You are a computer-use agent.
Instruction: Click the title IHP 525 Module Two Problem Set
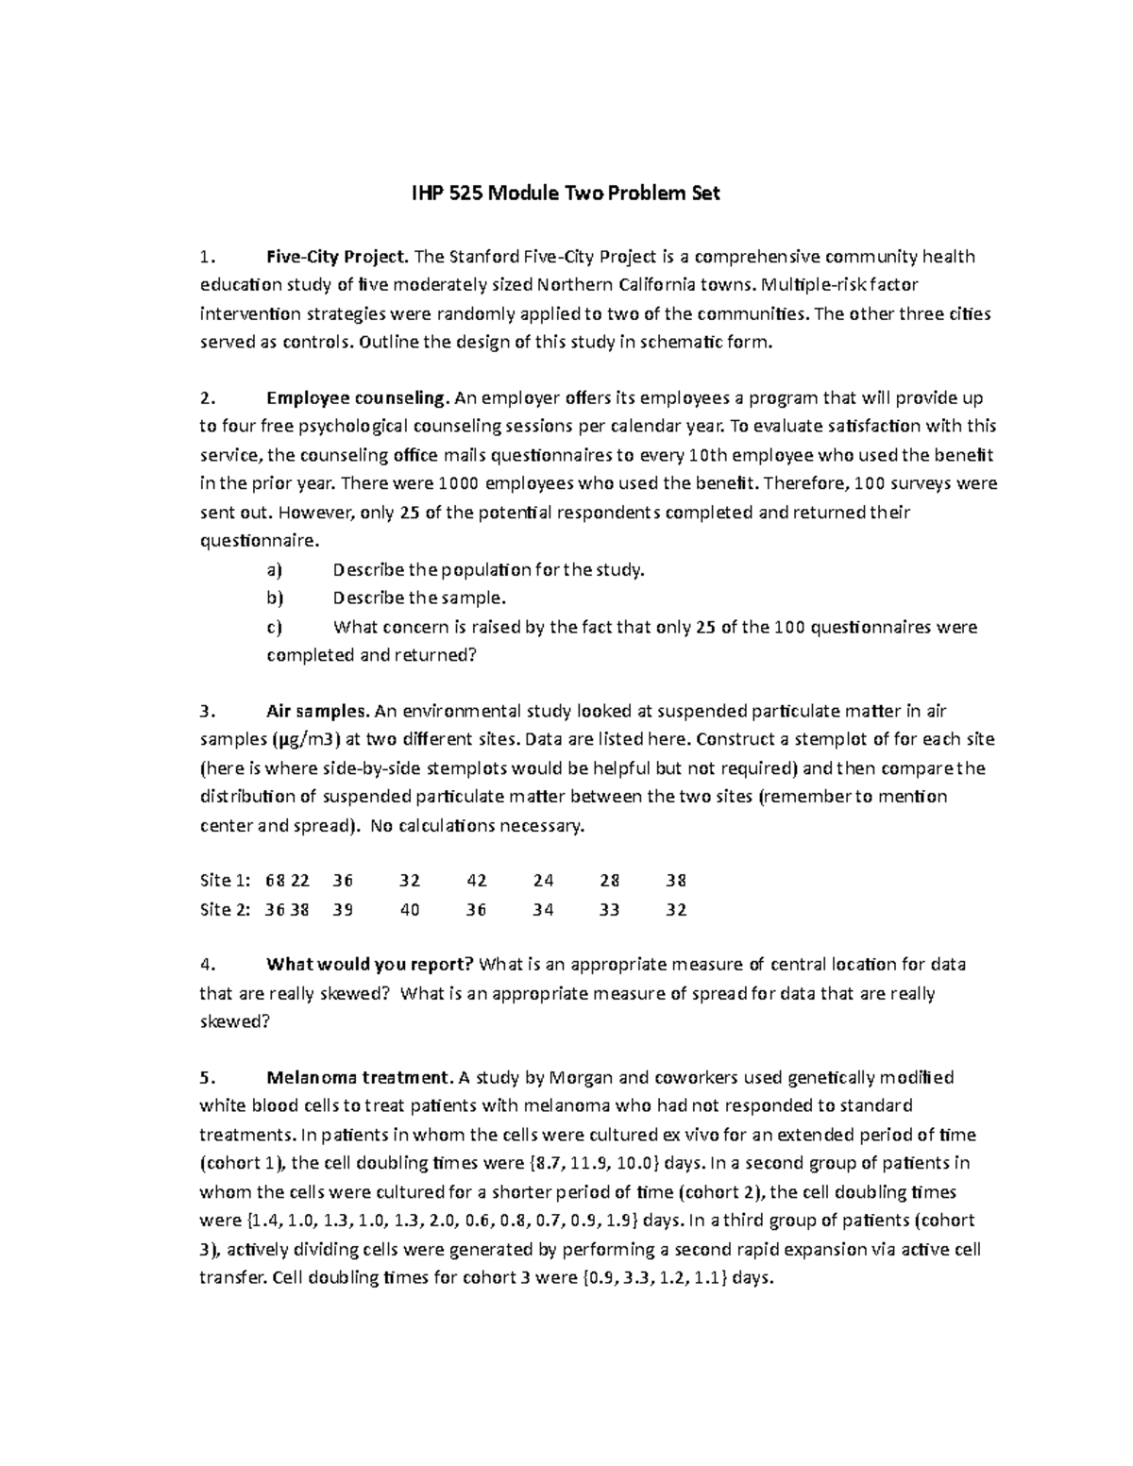[x=566, y=194]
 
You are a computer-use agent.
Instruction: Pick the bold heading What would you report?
[x=371, y=965]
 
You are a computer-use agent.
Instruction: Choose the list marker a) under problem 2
[x=275, y=570]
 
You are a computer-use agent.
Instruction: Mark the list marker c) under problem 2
[x=275, y=627]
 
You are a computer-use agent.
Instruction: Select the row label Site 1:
[x=225, y=881]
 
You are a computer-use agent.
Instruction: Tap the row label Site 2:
[x=225, y=910]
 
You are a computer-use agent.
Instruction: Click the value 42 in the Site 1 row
[x=477, y=881]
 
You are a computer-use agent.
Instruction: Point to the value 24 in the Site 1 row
[x=543, y=881]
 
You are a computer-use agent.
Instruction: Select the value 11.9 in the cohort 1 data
[x=590, y=1163]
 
